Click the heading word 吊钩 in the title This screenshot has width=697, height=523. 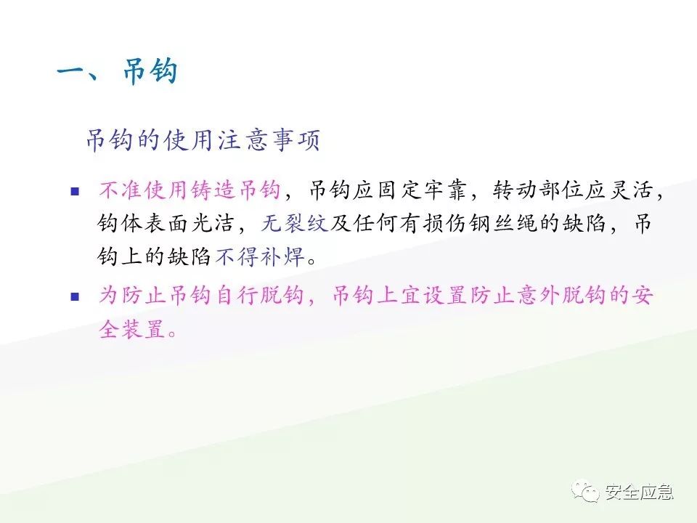coord(150,73)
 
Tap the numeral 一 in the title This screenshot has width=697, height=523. coord(73,73)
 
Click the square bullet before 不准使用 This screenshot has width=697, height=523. coord(73,192)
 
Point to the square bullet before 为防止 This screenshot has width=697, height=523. coord(73,296)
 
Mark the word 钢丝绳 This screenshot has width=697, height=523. coord(515,224)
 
